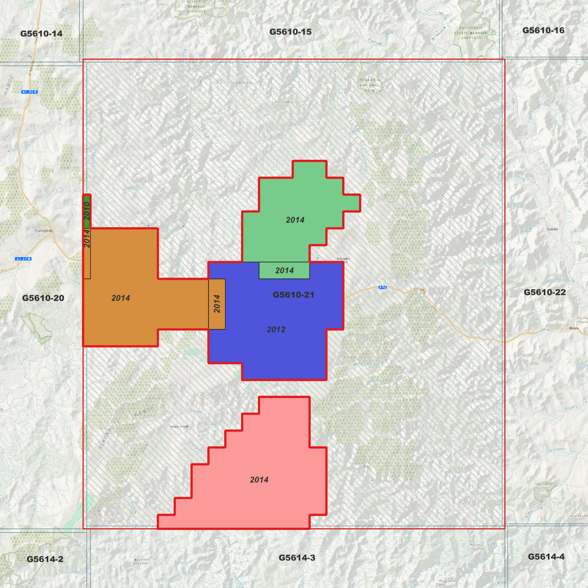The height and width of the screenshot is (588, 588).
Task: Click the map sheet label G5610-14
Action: [41, 33]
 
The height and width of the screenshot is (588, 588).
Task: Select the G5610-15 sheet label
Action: [290, 32]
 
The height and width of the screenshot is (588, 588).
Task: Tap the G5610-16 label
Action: [543, 30]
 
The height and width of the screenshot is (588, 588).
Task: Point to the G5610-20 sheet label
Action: [43, 298]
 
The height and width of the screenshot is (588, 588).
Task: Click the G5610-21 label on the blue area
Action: [293, 295]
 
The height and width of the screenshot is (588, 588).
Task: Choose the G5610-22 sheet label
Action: [544, 292]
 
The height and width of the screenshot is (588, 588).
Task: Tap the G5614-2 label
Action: [45, 559]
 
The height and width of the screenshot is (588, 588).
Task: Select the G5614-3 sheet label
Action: [297, 557]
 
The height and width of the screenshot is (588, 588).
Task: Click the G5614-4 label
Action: [546, 557]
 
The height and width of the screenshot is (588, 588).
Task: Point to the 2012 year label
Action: [276, 330]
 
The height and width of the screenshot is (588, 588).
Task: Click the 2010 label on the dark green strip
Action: [87, 210]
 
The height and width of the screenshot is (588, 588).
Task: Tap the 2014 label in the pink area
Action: [259, 480]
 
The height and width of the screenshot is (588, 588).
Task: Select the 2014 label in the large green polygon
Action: [295, 220]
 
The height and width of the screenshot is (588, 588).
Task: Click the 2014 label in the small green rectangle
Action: [284, 271]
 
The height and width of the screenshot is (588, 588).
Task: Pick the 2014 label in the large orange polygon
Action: [121, 298]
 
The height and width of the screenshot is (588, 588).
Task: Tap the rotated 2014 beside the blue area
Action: [217, 304]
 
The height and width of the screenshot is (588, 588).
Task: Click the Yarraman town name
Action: [44, 231]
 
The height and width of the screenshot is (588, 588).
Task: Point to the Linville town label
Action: [552, 229]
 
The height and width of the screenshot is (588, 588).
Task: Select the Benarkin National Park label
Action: [369, 85]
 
